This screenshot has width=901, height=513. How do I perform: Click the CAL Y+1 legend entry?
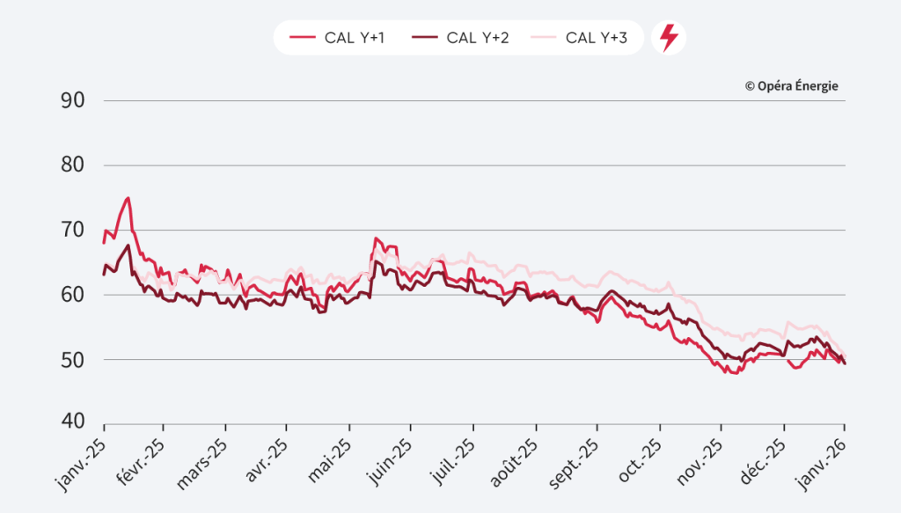pos(336,38)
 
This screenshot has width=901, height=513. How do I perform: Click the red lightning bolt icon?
pos(669,38)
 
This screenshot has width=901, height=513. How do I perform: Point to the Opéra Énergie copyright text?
pos(791,86)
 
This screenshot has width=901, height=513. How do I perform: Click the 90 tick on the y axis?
pos(72,100)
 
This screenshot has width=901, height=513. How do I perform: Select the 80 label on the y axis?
pos(72,165)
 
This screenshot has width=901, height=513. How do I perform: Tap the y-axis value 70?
pos(72,231)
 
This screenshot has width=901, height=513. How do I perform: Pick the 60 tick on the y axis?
pos(72,295)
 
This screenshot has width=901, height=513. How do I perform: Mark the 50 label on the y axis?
pos(72,360)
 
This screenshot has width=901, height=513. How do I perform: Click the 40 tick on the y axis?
pos(72,421)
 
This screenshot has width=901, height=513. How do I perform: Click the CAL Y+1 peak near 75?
pos(128,198)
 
